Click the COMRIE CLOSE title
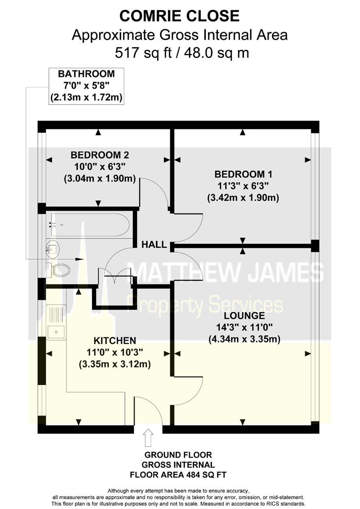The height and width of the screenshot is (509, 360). pos(180,16)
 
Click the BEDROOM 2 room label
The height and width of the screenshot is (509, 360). pos(100,155)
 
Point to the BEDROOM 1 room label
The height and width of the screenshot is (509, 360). pos(243,173)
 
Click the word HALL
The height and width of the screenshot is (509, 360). pos(154,245)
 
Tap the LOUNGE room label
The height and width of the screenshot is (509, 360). pos(244,315)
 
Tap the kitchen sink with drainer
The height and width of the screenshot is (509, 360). pos(57,322)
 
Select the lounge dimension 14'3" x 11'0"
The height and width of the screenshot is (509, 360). pos(244,327)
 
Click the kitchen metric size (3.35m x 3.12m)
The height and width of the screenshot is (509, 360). pos(115,364)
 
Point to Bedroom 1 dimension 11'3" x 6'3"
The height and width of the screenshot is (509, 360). pos(243,186)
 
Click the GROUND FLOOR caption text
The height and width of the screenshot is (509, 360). pos(178,455)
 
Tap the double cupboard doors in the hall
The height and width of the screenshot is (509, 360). pos(115,273)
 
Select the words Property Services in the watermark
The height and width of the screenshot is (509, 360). pos(205,304)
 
